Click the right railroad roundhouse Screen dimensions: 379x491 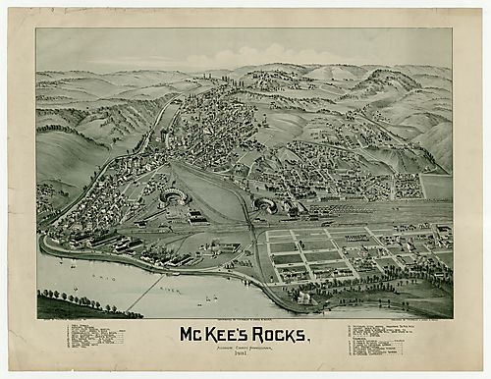[263, 204]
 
